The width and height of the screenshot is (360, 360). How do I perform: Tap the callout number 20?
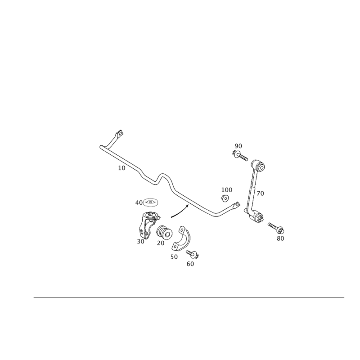(161, 243)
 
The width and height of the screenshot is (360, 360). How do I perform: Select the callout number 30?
(140, 242)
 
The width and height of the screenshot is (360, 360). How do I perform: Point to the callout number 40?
(139, 203)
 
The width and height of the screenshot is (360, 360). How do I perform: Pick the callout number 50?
(174, 257)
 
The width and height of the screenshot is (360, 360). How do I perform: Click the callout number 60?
(190, 264)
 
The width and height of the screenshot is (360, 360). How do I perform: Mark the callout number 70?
(260, 193)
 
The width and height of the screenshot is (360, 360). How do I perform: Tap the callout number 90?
(238, 146)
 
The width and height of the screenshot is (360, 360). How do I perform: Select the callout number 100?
(227, 190)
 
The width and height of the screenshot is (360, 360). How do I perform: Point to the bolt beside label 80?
(275, 227)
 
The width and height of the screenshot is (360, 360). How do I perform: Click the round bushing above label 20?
(165, 232)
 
